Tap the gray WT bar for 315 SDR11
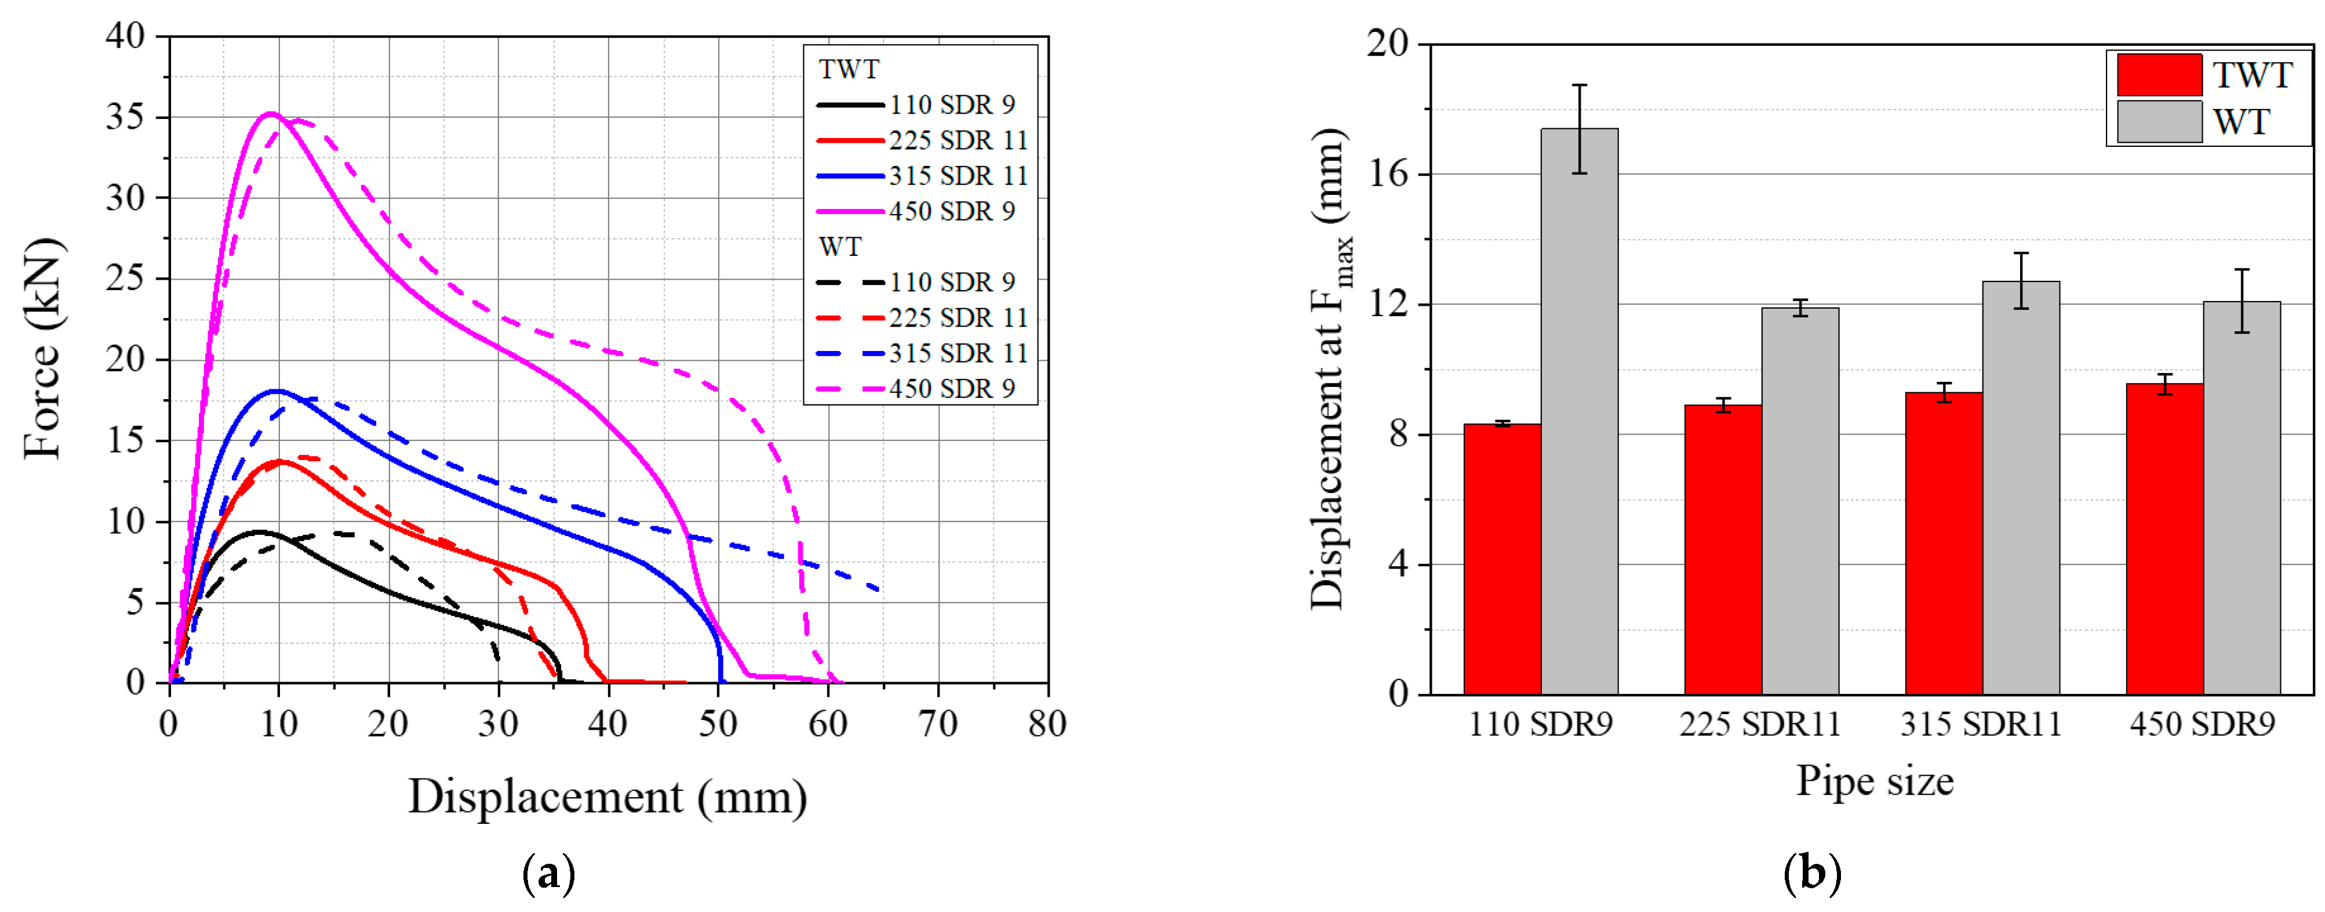[x=2021, y=487]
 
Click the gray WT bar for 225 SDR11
[x=1800, y=501]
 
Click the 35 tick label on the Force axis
[x=125, y=117]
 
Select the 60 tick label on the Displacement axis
[x=828, y=723]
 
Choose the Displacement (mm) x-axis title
[x=607, y=797]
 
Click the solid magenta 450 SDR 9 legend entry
[x=916, y=211]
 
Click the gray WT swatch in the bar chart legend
[x=2159, y=122]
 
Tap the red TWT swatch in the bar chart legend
[x=2159, y=75]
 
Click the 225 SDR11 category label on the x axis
[x=1759, y=724]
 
